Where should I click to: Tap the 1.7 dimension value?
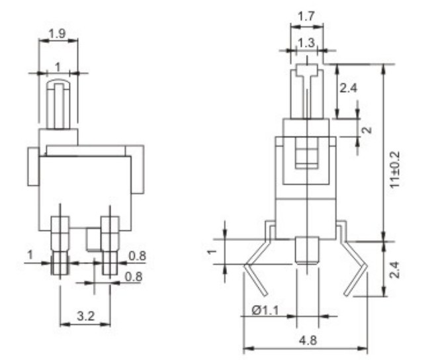click(x=306, y=17)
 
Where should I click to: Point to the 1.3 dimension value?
click(x=306, y=42)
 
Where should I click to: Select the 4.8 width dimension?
click(x=306, y=340)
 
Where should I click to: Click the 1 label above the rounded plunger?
click(x=58, y=66)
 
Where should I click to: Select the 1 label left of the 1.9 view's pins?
click(x=30, y=255)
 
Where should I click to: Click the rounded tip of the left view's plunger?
click(x=58, y=83)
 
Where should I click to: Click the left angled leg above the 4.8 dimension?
click(x=256, y=277)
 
